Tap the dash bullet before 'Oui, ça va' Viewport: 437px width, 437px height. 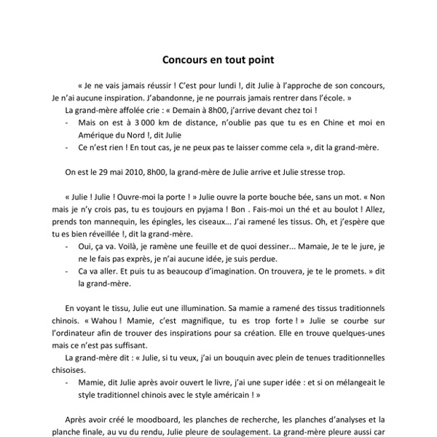pyautogui.click(x=67, y=246)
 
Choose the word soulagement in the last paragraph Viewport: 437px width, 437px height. pyautogui.click(x=273, y=432)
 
